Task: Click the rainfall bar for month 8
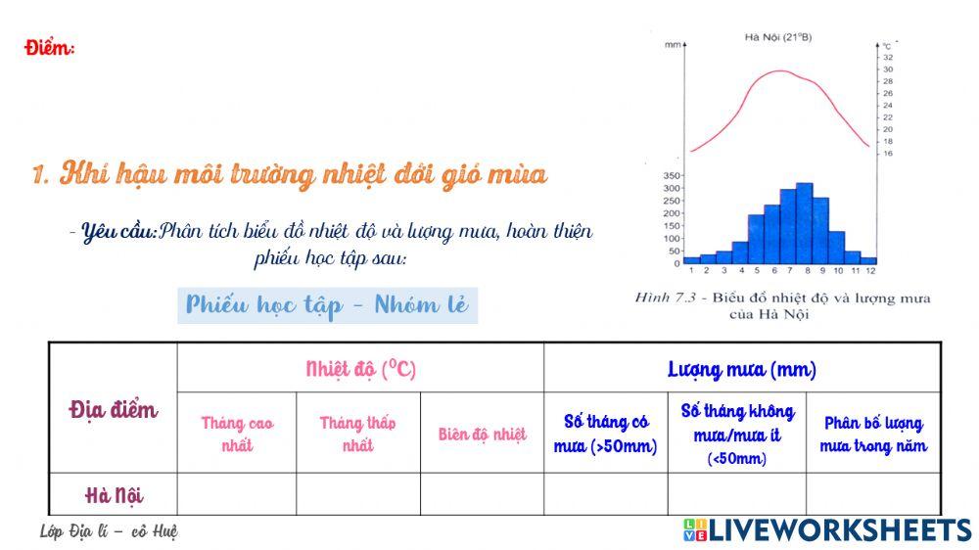click(x=804, y=225)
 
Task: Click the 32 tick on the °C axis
click(x=888, y=57)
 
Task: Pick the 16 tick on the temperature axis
click(x=888, y=154)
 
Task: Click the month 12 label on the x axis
click(x=869, y=270)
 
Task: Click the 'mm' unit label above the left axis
click(x=673, y=45)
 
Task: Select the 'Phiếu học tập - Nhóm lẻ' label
click(x=327, y=305)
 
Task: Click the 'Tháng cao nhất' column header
click(x=237, y=435)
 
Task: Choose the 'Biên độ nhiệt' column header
click(x=482, y=435)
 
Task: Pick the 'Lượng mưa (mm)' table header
click(x=741, y=370)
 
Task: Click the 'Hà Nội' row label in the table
click(x=113, y=494)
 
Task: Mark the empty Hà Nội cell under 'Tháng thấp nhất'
click(x=358, y=494)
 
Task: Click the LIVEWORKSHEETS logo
click(x=827, y=529)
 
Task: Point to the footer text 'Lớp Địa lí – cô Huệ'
click(x=108, y=531)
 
